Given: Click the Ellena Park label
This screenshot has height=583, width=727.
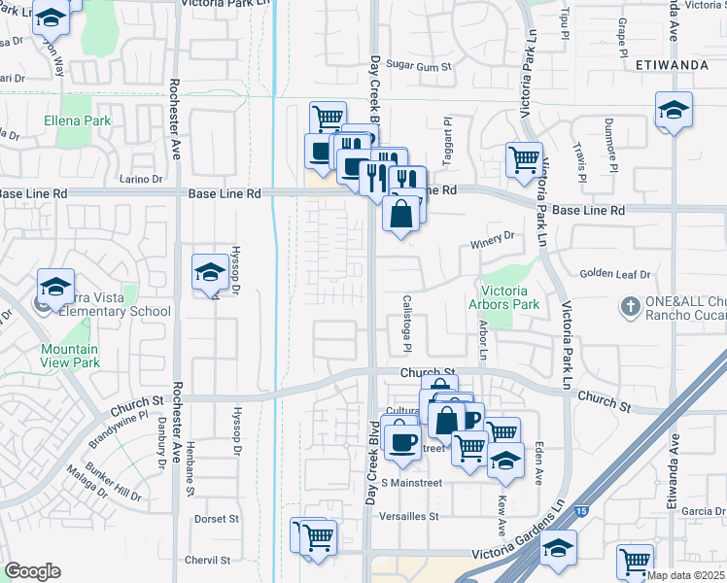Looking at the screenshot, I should (77, 121).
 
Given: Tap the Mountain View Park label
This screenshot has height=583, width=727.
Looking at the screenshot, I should (69, 356).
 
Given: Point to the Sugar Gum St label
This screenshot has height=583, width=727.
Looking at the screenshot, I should (420, 66).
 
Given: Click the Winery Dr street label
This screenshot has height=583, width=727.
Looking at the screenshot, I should (492, 236).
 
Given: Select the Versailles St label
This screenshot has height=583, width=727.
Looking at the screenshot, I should (410, 516).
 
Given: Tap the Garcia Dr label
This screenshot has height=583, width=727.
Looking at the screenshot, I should (704, 511).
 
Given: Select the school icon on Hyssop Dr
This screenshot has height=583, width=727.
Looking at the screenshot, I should (210, 273).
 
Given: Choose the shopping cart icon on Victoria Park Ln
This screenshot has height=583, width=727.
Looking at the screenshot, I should (524, 157).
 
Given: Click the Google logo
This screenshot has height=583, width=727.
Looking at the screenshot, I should (32, 571).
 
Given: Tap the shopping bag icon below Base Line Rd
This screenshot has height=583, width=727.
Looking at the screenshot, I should (401, 213).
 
